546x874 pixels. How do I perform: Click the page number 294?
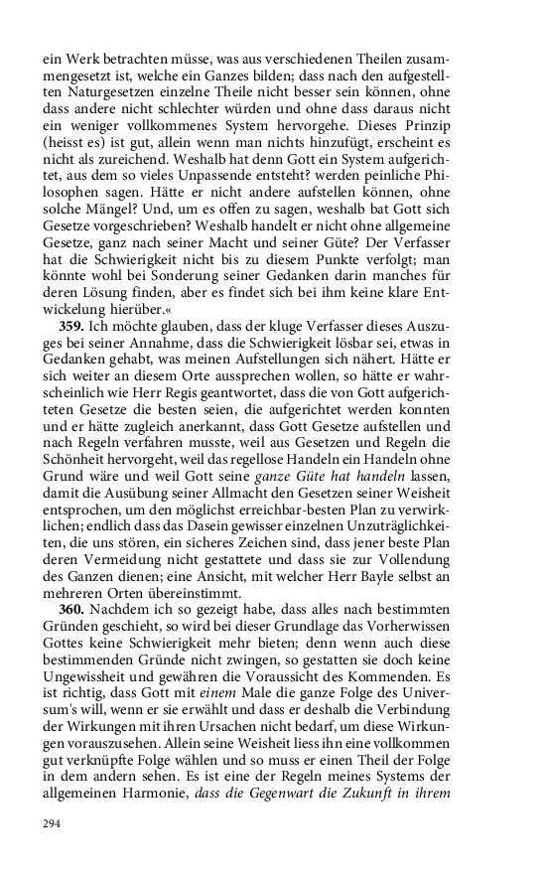point(53,824)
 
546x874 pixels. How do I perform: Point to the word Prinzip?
point(479,128)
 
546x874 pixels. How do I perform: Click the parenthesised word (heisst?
point(68,146)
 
